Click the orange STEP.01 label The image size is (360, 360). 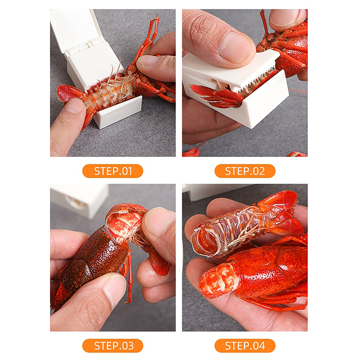click(x=112, y=171)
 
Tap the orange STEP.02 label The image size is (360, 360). click(x=245, y=171)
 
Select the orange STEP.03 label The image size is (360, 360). click(x=112, y=346)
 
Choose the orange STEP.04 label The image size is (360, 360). click(x=245, y=346)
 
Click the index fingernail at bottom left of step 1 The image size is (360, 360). click(x=74, y=106)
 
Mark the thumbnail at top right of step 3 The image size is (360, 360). click(x=158, y=221)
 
